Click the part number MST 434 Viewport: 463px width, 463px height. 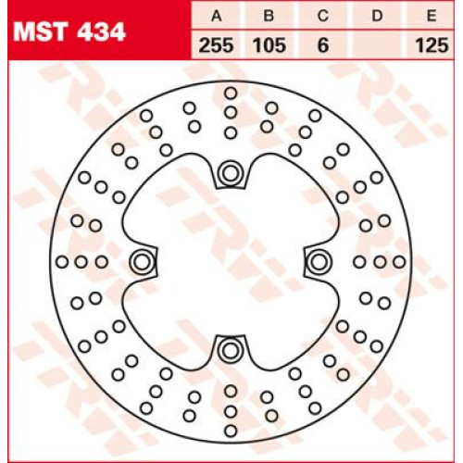click(x=69, y=31)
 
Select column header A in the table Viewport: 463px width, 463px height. click(x=217, y=16)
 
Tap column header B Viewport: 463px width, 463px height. click(x=269, y=16)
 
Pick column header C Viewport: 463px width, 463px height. click(x=323, y=16)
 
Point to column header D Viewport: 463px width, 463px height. click(x=377, y=16)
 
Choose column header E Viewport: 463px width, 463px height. click(x=432, y=16)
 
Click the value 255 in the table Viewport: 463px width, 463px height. click(x=216, y=45)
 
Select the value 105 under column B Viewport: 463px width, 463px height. click(x=269, y=45)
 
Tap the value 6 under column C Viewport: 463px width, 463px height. click(x=323, y=45)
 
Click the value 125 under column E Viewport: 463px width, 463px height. click(x=432, y=45)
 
